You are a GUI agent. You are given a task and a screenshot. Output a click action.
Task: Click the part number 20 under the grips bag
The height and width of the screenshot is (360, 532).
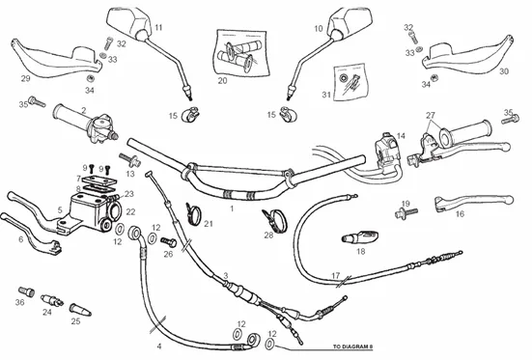coord(222,81)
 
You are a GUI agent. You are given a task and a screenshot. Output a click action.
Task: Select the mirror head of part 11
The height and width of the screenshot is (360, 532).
coord(130,22)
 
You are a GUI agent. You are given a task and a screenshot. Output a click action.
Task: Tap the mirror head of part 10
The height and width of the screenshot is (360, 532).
coord(350,21)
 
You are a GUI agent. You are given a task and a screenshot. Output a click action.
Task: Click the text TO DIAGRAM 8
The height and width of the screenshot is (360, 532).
coord(352,346)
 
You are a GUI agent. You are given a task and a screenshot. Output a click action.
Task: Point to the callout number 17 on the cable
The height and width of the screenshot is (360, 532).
coord(336,275)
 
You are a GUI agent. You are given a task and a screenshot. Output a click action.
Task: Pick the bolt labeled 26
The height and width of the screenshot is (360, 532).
coord(168,242)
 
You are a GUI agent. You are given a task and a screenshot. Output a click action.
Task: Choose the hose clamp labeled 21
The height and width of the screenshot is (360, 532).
coord(194,214)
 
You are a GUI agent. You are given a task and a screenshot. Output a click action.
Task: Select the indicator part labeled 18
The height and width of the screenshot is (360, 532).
coord(360,236)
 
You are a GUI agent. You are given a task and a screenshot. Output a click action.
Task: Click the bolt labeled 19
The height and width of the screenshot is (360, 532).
coord(406,213)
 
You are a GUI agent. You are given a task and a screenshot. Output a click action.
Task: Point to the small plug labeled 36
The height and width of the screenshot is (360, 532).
coord(26,291)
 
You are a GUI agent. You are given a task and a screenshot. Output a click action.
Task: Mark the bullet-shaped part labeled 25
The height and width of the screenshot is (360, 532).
coord(80,310)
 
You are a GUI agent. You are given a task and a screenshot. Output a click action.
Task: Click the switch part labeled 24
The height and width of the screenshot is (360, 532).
coord(52,300)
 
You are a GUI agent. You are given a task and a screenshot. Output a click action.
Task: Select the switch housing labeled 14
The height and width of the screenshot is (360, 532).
coord(386,151)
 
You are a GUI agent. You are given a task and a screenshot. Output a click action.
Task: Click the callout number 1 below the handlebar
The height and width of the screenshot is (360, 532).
coord(232,208)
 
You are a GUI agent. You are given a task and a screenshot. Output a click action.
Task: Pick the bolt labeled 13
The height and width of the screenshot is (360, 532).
coord(129,159)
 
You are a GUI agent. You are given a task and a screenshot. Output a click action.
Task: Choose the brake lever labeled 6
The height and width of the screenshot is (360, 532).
coord(31,235)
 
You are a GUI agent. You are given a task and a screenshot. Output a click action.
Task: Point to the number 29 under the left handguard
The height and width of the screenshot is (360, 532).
coord(26,79)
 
